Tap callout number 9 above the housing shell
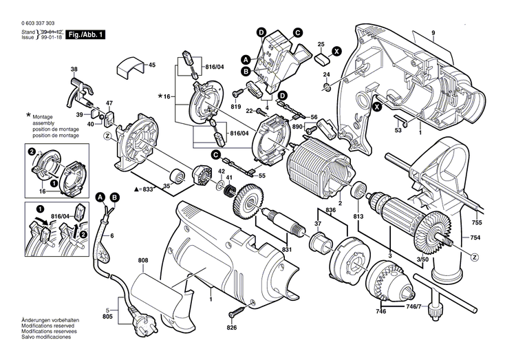click(433, 34)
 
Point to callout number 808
click(142, 261)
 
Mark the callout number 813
click(358, 217)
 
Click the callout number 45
click(152, 65)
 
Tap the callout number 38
click(74, 70)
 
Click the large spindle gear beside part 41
click(242, 204)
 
